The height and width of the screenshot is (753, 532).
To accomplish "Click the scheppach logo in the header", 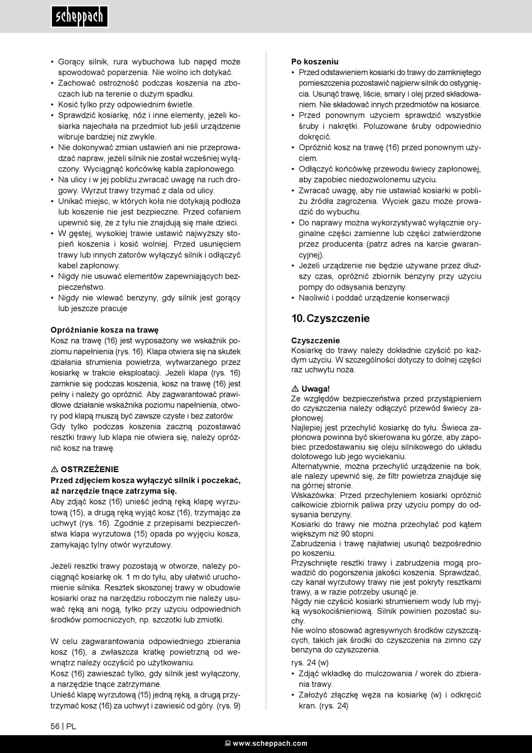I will coord(79,17).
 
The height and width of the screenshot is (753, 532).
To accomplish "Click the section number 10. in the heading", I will coord(298,318).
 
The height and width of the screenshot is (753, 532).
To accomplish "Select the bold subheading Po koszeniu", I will coord(315,62).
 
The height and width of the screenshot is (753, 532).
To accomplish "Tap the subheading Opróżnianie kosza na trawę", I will coord(105,330).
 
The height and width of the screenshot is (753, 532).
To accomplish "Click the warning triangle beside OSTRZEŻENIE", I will coord(54,469).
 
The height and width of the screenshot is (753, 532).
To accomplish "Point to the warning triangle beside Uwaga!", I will coord(295,389).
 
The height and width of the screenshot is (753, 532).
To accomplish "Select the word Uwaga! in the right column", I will coord(316,389).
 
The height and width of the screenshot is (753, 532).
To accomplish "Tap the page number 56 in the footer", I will coord(55,726).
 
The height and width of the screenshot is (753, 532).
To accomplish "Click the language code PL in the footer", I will coord(71,726).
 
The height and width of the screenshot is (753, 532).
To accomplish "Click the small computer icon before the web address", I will coord(228,743).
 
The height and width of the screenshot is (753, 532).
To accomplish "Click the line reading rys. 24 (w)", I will coord(310,663).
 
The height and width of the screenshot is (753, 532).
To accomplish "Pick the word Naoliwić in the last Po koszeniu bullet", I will coord(314,298).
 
